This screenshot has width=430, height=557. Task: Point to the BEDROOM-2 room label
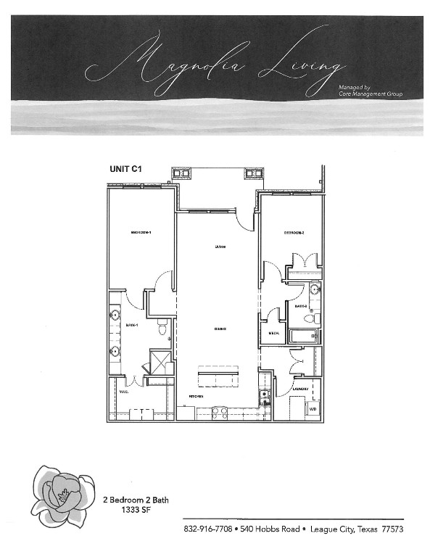293,232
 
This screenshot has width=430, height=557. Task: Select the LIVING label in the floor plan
220,247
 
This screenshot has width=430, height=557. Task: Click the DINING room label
220,329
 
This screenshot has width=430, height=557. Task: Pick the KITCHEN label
196,397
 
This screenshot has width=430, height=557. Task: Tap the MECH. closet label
274,334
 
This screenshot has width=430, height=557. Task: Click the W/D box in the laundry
313,409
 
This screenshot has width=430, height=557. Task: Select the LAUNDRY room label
301,389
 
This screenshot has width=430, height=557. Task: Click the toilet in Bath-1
162,329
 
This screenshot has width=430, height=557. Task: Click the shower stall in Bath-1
160,361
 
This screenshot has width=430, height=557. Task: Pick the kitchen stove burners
220,412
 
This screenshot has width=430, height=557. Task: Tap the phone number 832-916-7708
208,529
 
